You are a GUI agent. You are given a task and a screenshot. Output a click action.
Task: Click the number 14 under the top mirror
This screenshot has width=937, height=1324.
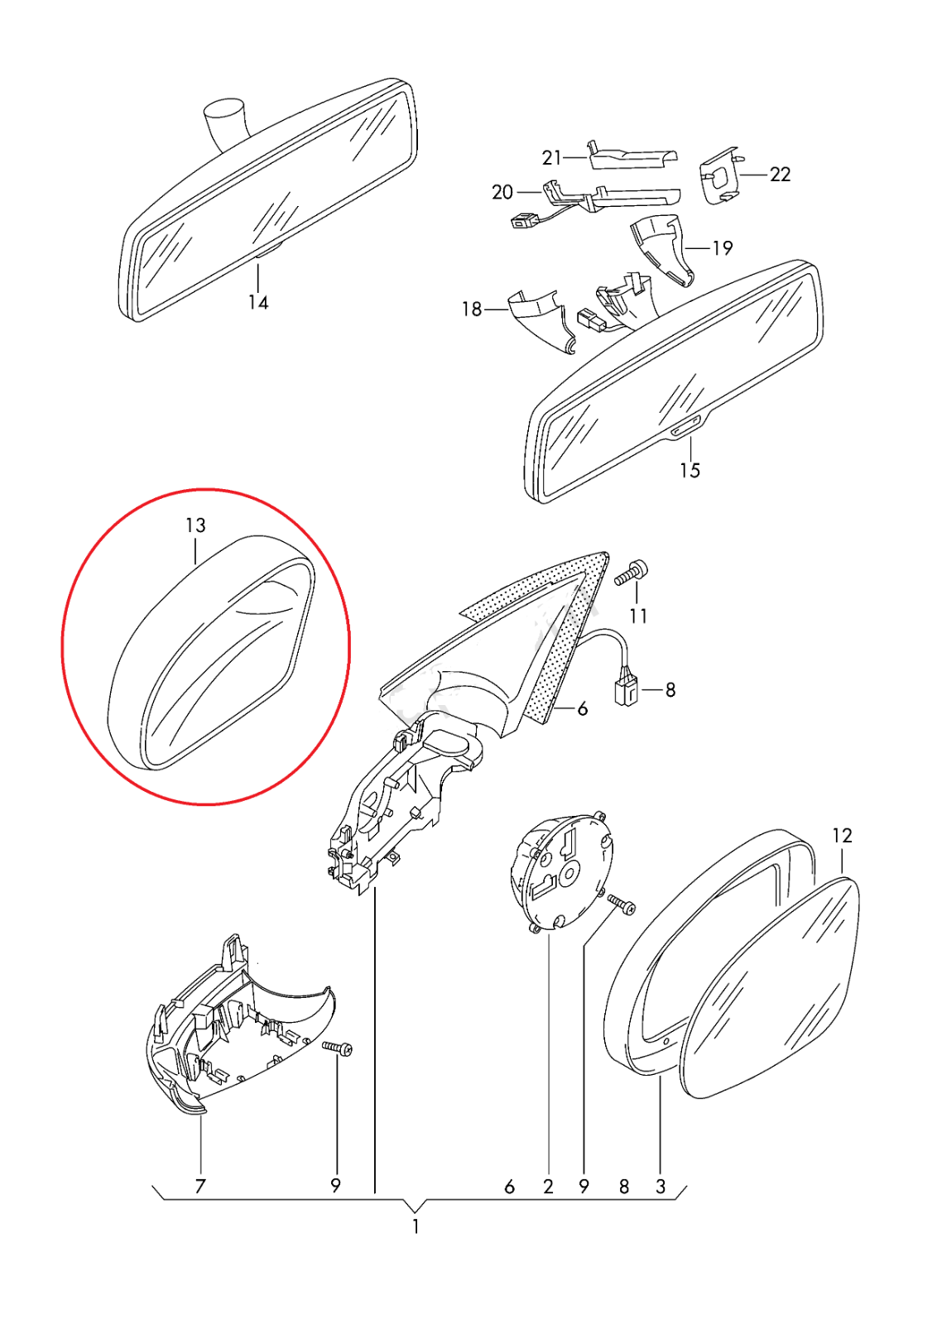tap(258, 303)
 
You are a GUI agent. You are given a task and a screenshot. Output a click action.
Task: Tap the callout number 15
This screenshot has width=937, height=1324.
tap(690, 471)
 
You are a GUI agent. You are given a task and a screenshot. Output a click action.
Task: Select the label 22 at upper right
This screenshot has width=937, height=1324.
tap(780, 175)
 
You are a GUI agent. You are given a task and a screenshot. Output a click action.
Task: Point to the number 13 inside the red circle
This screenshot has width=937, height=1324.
tap(195, 525)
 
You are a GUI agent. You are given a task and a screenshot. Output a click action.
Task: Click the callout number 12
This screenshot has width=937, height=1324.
tap(842, 836)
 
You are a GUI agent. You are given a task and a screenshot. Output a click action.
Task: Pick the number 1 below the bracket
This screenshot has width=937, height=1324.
tap(416, 1226)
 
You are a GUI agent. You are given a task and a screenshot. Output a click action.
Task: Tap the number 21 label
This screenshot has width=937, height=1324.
tap(551, 158)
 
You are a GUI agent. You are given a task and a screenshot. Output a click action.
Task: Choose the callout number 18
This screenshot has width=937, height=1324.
tap(473, 309)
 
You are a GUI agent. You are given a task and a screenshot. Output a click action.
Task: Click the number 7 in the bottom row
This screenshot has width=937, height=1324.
tap(199, 1186)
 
